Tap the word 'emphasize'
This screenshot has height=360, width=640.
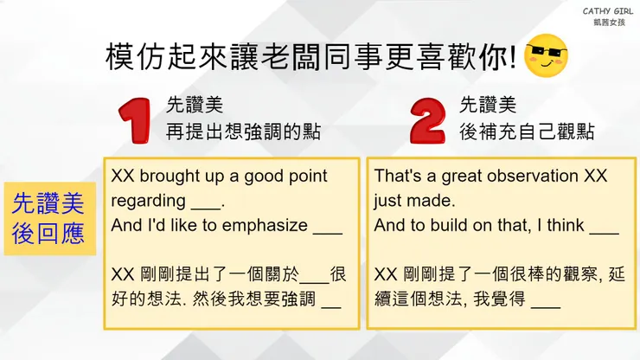click(x=265, y=227)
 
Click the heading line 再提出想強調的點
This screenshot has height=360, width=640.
click(x=244, y=132)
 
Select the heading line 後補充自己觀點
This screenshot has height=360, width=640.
click(x=527, y=132)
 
